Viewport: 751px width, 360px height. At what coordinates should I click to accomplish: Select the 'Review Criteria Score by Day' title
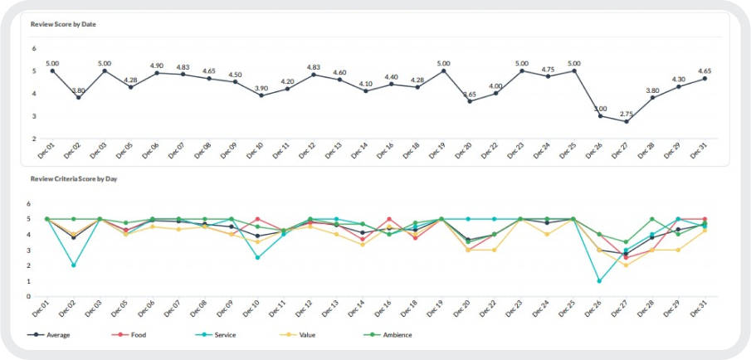click(x=73, y=178)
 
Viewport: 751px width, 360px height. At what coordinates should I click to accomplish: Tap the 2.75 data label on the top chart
click(x=627, y=114)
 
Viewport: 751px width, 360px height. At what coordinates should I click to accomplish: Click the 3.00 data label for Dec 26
click(x=600, y=108)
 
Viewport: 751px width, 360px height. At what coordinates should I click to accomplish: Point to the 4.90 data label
click(x=156, y=65)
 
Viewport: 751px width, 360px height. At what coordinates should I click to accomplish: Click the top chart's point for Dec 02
click(x=78, y=98)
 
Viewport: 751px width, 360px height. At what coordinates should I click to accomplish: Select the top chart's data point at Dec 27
click(x=627, y=122)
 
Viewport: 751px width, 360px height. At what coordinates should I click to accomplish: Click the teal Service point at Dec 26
click(x=600, y=281)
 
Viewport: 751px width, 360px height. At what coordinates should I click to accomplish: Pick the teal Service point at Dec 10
click(x=257, y=258)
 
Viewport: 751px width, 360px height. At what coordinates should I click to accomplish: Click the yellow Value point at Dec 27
click(x=627, y=265)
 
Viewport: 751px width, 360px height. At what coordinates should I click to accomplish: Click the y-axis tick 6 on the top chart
click(x=35, y=48)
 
